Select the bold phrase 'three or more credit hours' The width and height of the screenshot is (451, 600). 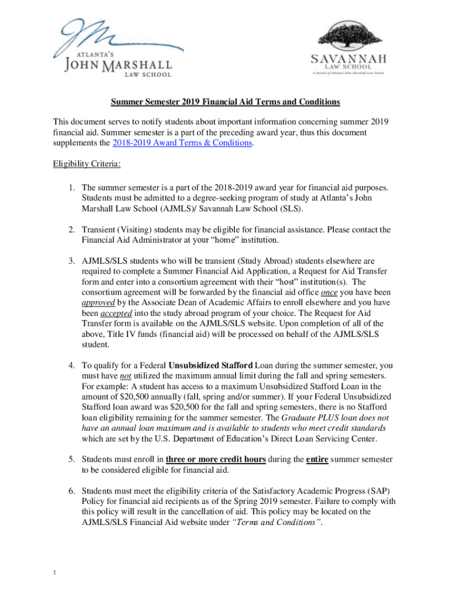pyautogui.click(x=216, y=459)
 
